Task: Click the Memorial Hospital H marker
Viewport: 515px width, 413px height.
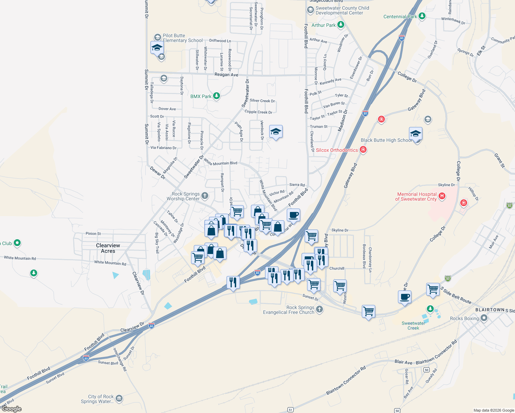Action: (x=442, y=196)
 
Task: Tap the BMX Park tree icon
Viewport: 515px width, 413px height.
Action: (x=216, y=96)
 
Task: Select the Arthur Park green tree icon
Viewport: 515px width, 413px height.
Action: (x=340, y=25)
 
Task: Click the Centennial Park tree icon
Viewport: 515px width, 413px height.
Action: (x=422, y=16)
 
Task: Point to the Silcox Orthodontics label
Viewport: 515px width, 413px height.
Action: (x=337, y=150)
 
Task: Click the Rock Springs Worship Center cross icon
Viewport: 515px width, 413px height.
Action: (x=205, y=196)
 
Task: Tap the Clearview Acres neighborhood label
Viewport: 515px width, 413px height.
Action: (x=108, y=248)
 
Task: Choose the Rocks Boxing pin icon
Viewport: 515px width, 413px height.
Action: (x=484, y=318)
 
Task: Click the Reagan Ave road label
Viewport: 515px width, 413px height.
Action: (x=226, y=74)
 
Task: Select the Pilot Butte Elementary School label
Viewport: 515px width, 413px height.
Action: (x=182, y=38)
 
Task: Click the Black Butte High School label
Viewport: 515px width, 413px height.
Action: (x=386, y=140)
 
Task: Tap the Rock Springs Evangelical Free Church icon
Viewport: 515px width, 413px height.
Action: (x=319, y=309)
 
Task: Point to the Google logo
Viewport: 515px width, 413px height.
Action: (x=12, y=409)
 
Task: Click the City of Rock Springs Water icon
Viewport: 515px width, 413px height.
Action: (x=119, y=399)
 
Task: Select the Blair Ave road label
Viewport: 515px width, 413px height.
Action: (x=403, y=362)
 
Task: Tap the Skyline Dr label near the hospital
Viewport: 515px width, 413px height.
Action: (x=446, y=185)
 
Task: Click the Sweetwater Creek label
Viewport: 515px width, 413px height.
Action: (x=413, y=326)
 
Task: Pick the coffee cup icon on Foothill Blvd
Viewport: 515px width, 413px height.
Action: (x=293, y=215)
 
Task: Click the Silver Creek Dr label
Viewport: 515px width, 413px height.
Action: (x=262, y=101)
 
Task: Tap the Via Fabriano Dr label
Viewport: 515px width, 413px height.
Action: (x=164, y=148)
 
